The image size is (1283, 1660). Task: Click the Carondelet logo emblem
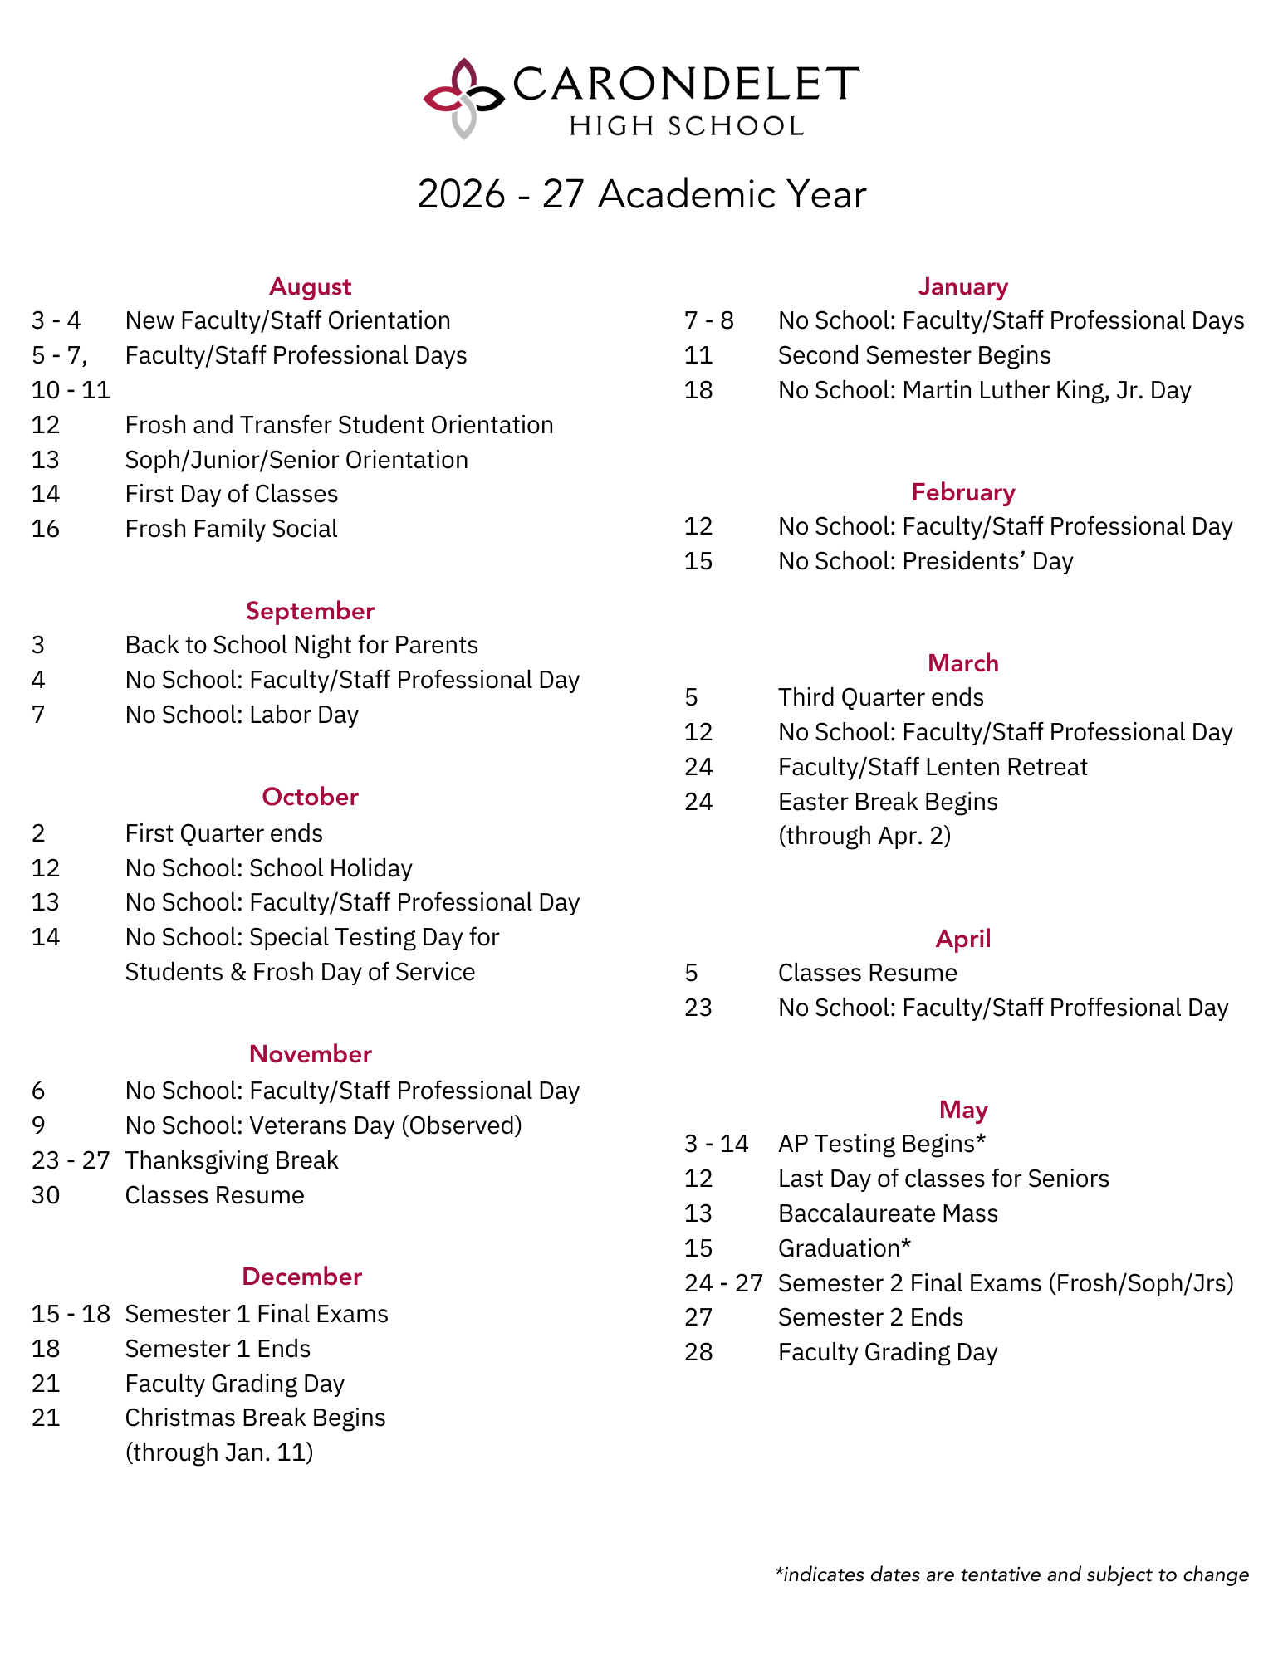[x=463, y=99]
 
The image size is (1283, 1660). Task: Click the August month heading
[x=310, y=286]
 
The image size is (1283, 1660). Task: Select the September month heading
[x=310, y=611]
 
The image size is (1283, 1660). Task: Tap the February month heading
[x=962, y=492]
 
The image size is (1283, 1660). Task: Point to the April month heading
[x=962, y=939]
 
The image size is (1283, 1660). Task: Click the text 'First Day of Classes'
[x=231, y=494]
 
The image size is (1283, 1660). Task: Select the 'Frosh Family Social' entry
[x=231, y=529]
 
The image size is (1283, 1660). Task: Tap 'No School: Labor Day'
[x=242, y=715]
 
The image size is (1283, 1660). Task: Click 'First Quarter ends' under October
[x=223, y=833]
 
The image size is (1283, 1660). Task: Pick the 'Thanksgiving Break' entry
[x=231, y=1160]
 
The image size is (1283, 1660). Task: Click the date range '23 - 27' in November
[x=71, y=1160]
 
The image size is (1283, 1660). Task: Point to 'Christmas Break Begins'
[x=255, y=1418]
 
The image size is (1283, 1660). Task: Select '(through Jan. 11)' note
[x=218, y=1452]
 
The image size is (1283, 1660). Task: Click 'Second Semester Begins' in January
[x=913, y=355]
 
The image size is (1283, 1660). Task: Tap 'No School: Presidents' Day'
[x=925, y=561]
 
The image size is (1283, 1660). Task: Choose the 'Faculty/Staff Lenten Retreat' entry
[x=932, y=767]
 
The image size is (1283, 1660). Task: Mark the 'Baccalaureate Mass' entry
[x=887, y=1213]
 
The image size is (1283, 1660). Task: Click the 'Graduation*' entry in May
[x=844, y=1248]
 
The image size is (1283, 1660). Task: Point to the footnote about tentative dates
[x=1011, y=1575]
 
